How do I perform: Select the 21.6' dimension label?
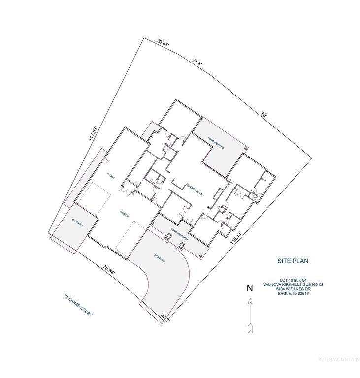197,63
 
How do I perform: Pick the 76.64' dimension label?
109,271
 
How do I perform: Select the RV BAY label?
111,175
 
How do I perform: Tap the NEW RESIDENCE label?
195,190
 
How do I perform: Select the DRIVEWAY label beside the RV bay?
77,222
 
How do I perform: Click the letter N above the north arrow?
250,288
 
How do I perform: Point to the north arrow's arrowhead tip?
250,297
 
